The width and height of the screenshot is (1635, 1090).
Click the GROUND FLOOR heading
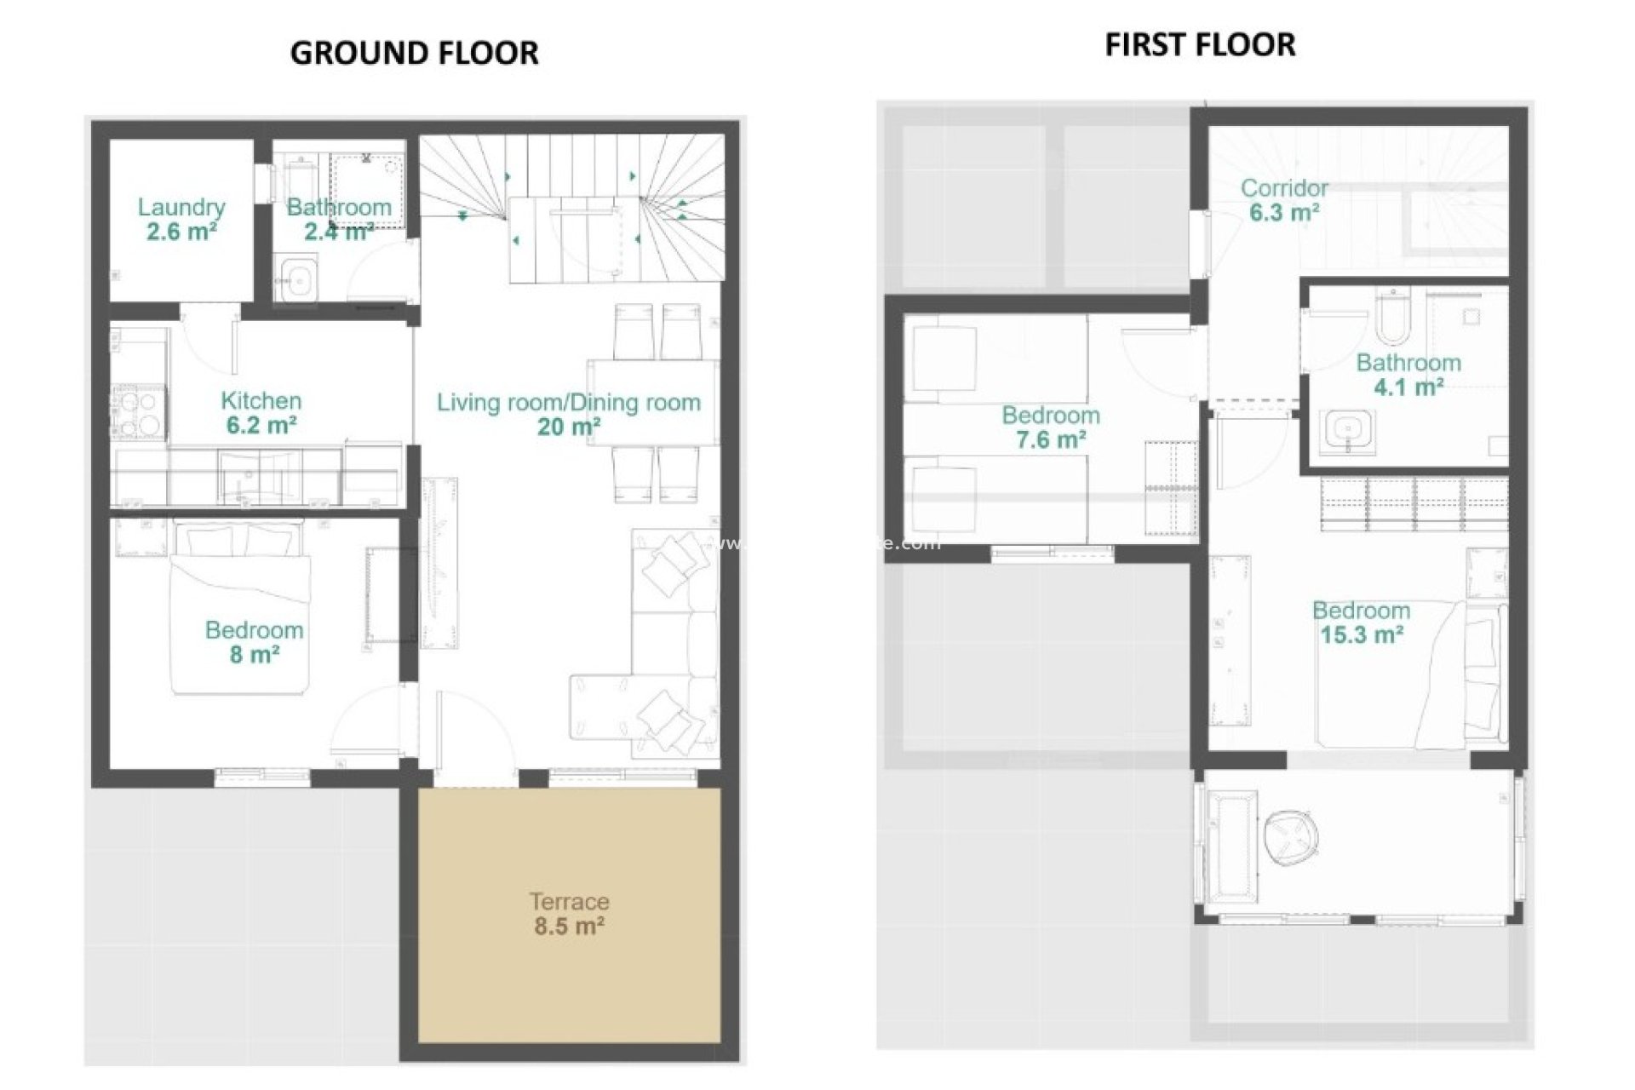414,53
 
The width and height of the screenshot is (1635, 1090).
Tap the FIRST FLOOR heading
1200,44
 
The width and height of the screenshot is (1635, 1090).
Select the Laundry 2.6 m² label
181,219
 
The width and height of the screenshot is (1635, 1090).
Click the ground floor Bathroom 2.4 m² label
339,219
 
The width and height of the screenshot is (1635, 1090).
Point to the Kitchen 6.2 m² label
261,412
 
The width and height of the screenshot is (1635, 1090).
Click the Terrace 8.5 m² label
569,913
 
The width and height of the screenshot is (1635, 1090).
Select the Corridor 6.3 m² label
1284,200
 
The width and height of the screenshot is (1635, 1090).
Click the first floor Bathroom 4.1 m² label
1408,375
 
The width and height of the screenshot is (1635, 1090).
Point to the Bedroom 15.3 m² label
1361,622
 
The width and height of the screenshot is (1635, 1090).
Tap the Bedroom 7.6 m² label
1050,427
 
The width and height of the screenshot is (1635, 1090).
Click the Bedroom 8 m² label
254,642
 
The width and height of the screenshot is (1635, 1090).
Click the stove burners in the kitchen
137,412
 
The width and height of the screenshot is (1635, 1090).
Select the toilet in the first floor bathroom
1393,315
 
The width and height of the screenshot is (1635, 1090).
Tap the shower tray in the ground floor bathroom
367,191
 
